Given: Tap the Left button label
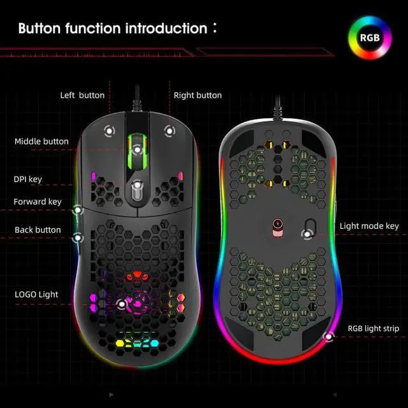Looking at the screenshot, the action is pyautogui.click(x=82, y=95).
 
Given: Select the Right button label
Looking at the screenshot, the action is pyautogui.click(x=198, y=95).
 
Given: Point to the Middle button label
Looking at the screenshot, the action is pyautogui.click(x=41, y=141).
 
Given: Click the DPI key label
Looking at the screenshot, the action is pyautogui.click(x=28, y=179).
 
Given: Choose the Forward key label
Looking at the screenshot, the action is pyautogui.click(x=38, y=202).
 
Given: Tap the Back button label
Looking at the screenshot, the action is pyautogui.click(x=38, y=229).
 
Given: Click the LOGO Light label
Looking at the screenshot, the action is pyautogui.click(x=36, y=294).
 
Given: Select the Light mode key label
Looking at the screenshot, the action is pyautogui.click(x=369, y=226).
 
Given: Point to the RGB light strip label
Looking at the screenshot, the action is pyautogui.click(x=373, y=329).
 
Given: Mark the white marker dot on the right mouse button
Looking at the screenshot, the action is pyautogui.click(x=168, y=131).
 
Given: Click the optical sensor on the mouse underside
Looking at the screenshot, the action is pyautogui.click(x=278, y=225).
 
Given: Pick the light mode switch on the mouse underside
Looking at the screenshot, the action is pyautogui.click(x=309, y=226).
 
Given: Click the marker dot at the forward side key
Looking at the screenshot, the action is pyautogui.click(x=78, y=208).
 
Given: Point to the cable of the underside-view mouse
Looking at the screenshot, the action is pyautogui.click(x=277, y=108).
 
